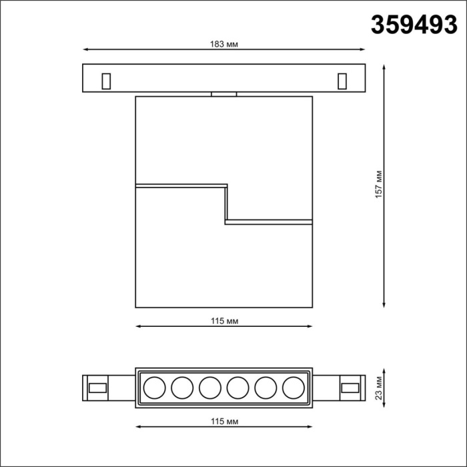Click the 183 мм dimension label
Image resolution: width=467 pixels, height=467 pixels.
[224, 43]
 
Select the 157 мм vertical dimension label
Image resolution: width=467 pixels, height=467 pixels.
[378, 185]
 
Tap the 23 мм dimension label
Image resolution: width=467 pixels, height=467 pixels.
[378, 386]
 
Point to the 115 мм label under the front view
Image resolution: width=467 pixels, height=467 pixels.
[224, 321]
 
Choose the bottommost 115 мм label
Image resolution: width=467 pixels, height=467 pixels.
[224, 422]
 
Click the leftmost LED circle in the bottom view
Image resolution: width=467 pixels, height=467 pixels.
[155, 387]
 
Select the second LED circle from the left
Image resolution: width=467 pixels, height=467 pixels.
[182, 387]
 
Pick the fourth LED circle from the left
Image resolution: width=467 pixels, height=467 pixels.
[238, 387]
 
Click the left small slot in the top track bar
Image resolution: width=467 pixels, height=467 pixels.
[105, 80]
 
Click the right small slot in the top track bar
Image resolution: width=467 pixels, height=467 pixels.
[342, 80]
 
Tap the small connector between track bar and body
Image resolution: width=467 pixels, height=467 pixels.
[224, 94]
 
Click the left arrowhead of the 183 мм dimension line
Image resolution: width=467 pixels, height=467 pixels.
[85, 49]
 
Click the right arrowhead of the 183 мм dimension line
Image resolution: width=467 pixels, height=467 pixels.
[363, 49]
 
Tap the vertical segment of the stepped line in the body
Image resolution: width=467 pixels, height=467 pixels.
[227, 203]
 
